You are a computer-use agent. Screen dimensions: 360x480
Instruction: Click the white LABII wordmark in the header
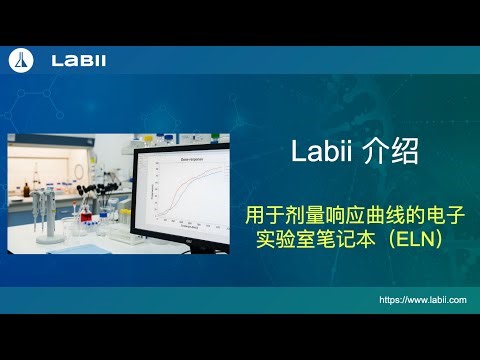[x=78, y=60]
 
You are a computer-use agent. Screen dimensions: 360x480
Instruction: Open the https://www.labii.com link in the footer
[x=423, y=299]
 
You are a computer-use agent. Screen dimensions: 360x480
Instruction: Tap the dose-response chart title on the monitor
[x=191, y=160]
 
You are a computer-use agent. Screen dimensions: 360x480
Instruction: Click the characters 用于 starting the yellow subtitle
[x=258, y=215]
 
